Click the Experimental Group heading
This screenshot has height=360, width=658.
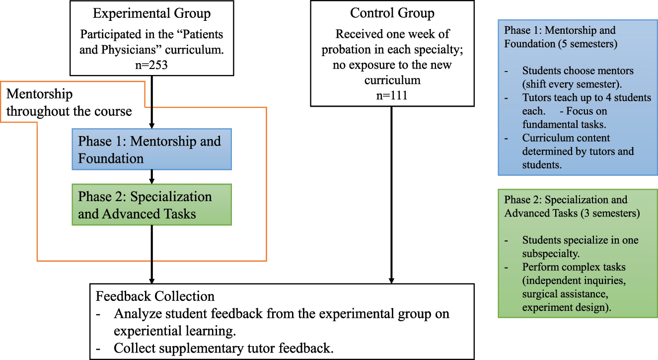click(x=151, y=14)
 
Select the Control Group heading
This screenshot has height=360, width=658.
click(x=392, y=13)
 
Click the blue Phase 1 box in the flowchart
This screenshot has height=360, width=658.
click(x=151, y=149)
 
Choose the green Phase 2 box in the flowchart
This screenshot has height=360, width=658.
click(x=151, y=205)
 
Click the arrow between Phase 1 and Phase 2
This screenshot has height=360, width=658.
click(x=152, y=177)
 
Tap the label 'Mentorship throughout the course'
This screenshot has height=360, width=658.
click(x=69, y=102)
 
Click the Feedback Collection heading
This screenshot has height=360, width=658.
click(x=155, y=297)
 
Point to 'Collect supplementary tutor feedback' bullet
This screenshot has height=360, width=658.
click(x=222, y=348)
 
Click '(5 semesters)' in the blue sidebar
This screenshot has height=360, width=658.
click(x=586, y=43)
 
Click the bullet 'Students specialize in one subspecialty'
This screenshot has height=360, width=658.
click(x=580, y=240)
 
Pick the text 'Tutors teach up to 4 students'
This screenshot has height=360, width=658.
click(x=586, y=98)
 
